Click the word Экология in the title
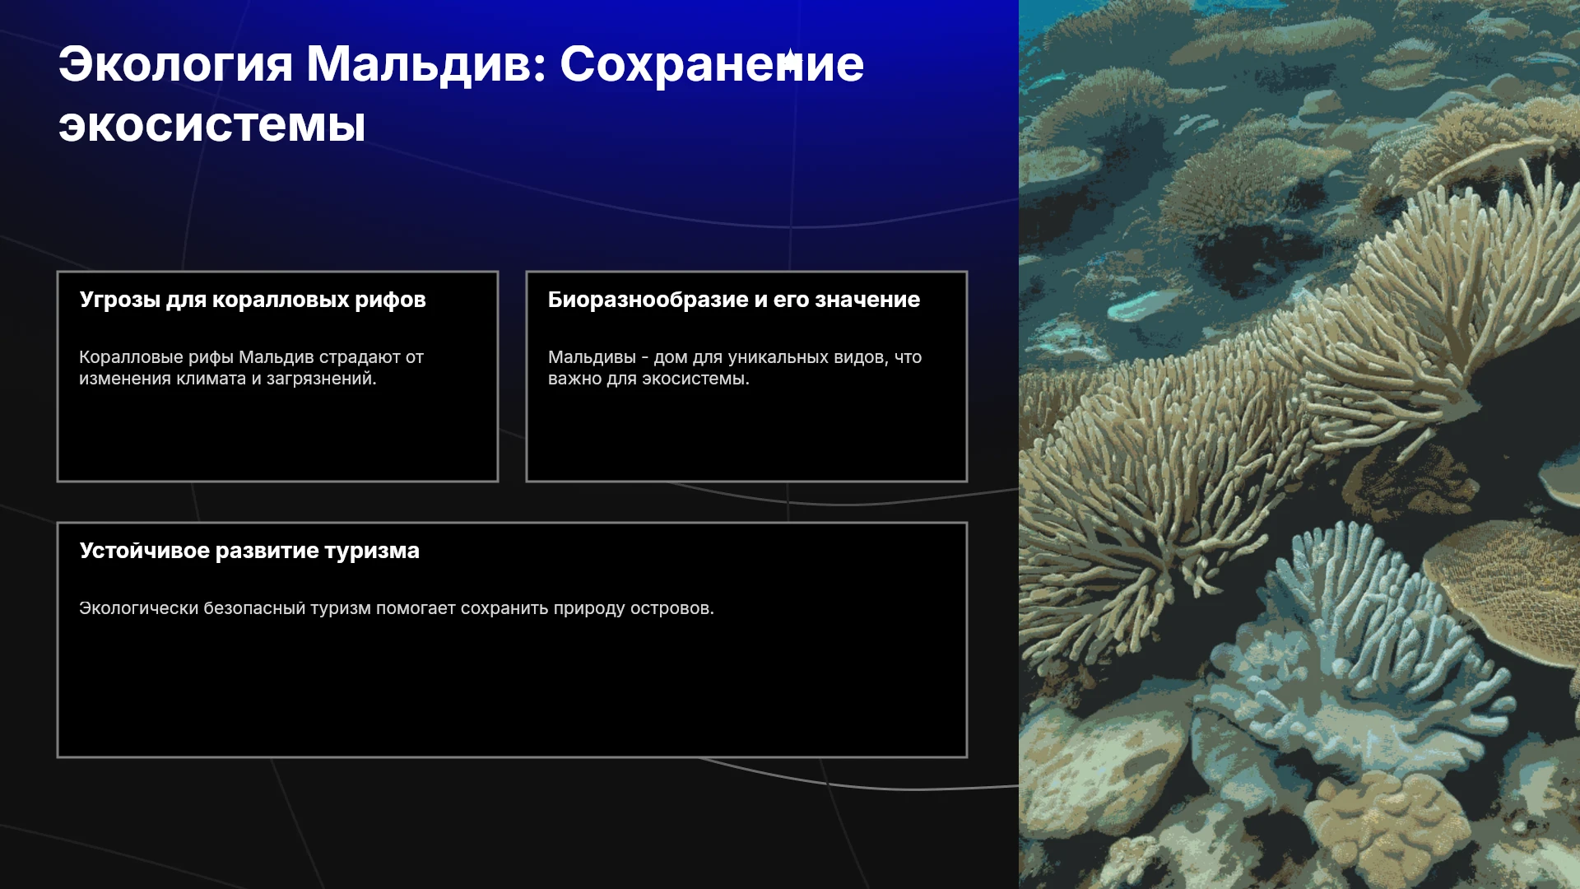175,65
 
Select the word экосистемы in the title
211,126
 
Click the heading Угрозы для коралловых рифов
253,300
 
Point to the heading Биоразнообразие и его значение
734,300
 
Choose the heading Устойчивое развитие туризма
249,551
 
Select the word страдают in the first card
360,358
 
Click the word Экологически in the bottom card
138,608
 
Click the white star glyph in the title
789,61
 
